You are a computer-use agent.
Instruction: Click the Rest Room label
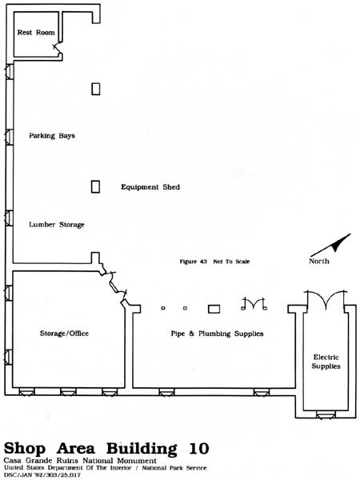(x=36, y=32)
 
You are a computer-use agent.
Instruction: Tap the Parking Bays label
(x=52, y=135)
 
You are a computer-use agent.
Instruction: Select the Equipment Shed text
(x=150, y=186)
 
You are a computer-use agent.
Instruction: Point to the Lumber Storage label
(x=57, y=224)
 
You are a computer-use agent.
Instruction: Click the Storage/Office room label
(x=64, y=333)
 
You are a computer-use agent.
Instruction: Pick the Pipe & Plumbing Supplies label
(x=217, y=334)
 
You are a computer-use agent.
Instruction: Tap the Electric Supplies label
(x=326, y=362)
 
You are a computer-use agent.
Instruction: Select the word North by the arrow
(x=319, y=261)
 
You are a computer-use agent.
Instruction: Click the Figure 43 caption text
(x=193, y=262)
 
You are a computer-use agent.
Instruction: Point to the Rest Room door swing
(x=57, y=48)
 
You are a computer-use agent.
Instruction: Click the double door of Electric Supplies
(x=326, y=298)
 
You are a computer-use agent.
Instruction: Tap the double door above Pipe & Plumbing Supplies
(x=254, y=303)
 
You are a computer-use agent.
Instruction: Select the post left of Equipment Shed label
(x=95, y=186)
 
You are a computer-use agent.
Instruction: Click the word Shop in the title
(x=25, y=450)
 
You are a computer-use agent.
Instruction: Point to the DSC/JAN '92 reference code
(x=42, y=475)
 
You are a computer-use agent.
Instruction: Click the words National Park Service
(x=174, y=468)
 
